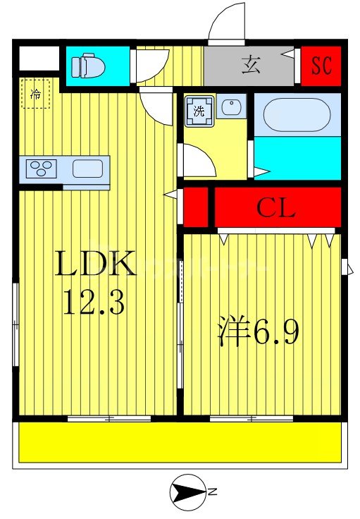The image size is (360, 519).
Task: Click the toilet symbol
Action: [x=88, y=65]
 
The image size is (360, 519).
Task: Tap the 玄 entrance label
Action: [x=251, y=65]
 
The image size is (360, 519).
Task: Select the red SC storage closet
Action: [x=321, y=66]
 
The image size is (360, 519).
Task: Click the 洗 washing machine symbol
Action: [x=199, y=111]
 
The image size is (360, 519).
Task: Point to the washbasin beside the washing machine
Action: [x=231, y=106]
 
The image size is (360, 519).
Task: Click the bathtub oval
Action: [x=297, y=114]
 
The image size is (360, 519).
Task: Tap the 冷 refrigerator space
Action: [x=35, y=94]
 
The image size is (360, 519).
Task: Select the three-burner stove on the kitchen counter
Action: [x=41, y=169]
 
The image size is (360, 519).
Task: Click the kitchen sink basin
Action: [x=87, y=169]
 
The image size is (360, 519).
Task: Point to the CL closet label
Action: [x=275, y=208]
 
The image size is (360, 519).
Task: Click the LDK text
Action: [x=96, y=263]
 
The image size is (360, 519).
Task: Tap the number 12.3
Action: [x=94, y=302]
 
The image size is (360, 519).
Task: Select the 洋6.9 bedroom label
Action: [x=258, y=331]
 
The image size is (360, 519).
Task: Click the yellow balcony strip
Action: [x=180, y=442]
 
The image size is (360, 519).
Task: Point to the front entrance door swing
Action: [x=227, y=21]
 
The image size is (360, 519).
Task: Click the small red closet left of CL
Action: [x=196, y=207]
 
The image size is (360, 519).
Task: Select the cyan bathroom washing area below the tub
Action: [x=297, y=158]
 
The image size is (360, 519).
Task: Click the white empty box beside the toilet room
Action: [x=39, y=59]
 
